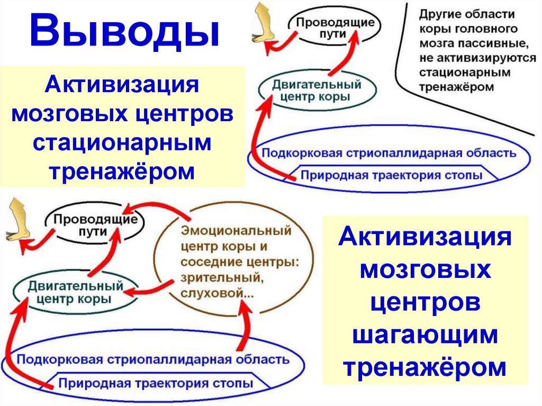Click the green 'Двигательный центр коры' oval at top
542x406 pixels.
tap(317, 91)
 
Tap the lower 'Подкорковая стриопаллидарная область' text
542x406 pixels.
tap(153, 360)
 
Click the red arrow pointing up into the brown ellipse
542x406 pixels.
tap(245, 328)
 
